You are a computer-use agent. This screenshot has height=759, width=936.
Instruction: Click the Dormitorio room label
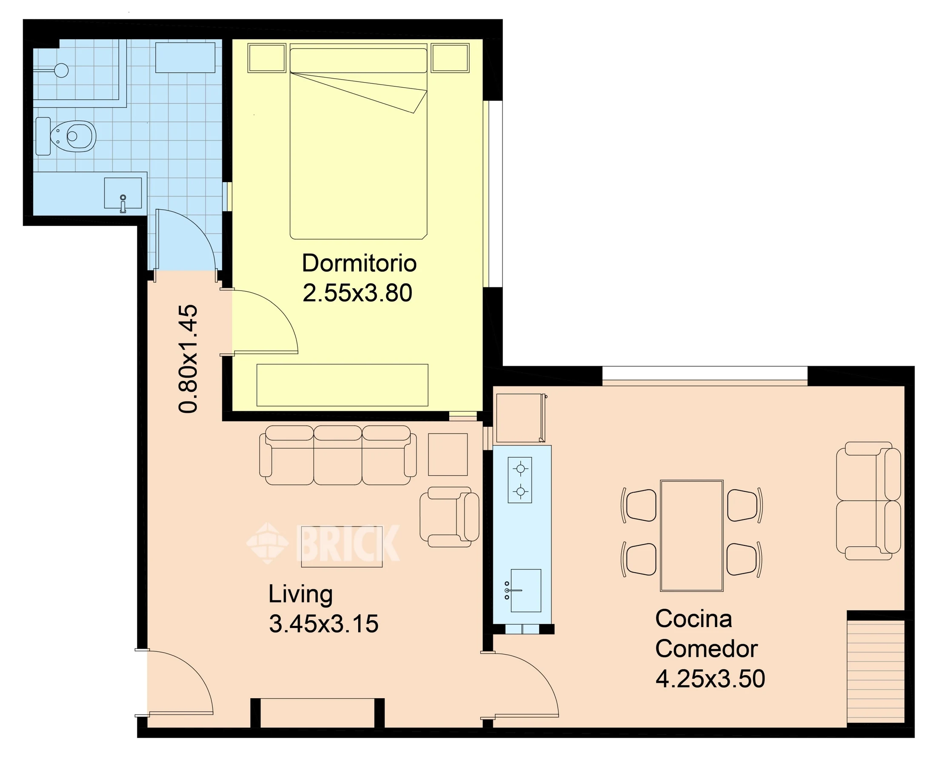click(359, 263)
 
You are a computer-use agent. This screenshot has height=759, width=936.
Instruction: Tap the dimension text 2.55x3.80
click(357, 293)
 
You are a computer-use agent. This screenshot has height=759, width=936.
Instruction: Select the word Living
click(301, 595)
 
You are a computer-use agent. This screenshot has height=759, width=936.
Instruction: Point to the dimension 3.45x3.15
click(323, 624)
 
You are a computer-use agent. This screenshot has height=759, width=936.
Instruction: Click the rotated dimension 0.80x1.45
click(188, 359)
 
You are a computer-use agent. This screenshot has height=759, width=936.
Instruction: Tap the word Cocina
click(693, 619)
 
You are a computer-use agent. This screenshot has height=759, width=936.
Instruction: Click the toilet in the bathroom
click(66, 136)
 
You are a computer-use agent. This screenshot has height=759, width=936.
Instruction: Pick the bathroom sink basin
click(123, 193)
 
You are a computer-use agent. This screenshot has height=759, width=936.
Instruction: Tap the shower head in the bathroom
click(62, 70)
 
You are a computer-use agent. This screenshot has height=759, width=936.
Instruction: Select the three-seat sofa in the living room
click(338, 455)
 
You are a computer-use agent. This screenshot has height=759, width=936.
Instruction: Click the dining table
click(692, 536)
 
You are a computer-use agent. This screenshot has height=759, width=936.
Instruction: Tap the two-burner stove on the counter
click(520, 480)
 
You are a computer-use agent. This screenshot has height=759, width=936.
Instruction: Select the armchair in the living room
click(449, 517)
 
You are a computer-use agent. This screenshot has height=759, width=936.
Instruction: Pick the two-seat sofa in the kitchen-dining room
click(869, 501)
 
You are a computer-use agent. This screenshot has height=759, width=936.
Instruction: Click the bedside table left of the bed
click(267, 57)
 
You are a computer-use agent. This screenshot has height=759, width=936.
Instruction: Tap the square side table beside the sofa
click(448, 454)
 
